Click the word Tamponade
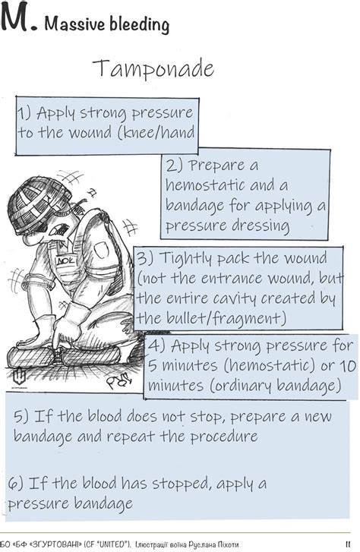[153, 68]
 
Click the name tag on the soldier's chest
[65, 261]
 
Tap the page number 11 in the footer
[348, 545]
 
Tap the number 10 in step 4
[348, 365]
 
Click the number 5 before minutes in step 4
[152, 365]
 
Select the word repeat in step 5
[131, 437]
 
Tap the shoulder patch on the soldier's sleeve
[100, 249]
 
